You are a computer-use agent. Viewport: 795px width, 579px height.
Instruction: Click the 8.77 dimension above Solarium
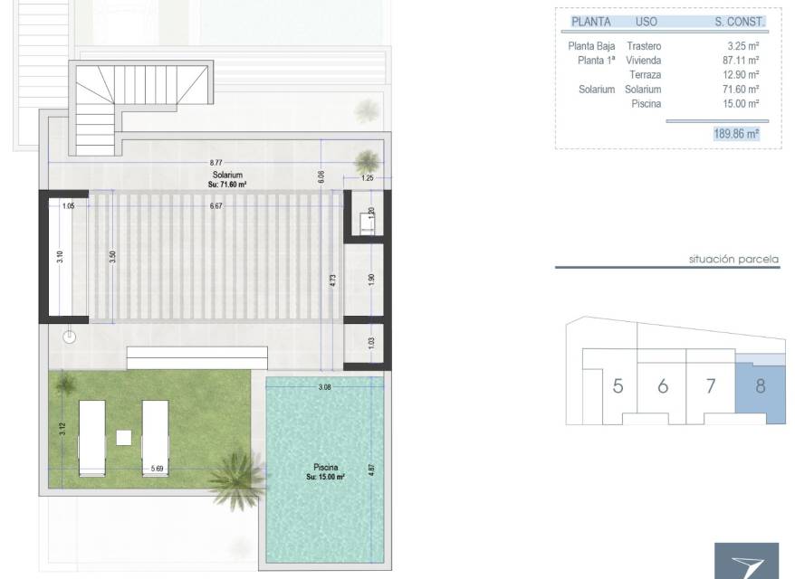(x=216, y=163)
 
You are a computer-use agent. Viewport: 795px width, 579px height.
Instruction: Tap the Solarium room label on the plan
(x=227, y=175)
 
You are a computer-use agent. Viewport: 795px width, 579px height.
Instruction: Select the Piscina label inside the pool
(x=325, y=467)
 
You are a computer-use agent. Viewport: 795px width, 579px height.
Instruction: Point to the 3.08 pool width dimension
(x=324, y=387)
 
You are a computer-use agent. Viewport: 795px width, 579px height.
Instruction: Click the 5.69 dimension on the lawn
(x=158, y=469)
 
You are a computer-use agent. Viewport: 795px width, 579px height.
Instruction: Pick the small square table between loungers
(x=124, y=438)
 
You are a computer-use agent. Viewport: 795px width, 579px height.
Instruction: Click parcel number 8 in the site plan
(x=760, y=386)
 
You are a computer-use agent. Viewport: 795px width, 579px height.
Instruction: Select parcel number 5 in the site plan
(x=618, y=386)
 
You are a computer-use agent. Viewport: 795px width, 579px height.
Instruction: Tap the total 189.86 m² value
(x=736, y=134)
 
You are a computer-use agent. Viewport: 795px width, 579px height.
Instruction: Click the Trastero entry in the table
(x=644, y=46)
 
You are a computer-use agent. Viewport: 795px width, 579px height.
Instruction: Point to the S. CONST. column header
(x=739, y=22)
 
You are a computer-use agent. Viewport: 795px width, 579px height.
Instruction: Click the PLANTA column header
(x=591, y=22)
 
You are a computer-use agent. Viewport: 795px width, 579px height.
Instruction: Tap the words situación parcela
(x=733, y=260)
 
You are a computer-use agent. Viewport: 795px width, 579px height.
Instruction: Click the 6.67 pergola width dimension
(x=216, y=206)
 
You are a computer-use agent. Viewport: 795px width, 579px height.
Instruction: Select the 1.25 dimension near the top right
(x=368, y=178)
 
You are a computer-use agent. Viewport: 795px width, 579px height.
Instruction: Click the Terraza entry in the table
(x=646, y=75)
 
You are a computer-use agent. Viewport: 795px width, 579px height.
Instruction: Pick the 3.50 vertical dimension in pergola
(x=112, y=257)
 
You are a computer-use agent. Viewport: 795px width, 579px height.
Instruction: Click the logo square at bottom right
(x=746, y=561)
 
